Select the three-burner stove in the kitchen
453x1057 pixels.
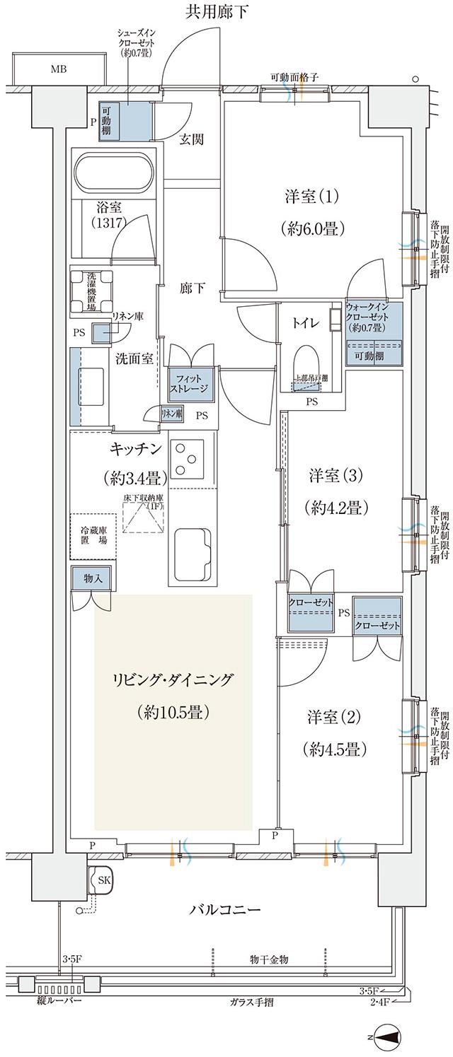click(x=188, y=460)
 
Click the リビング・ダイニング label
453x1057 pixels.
click(x=172, y=680)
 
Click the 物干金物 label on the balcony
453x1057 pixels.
click(x=269, y=959)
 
